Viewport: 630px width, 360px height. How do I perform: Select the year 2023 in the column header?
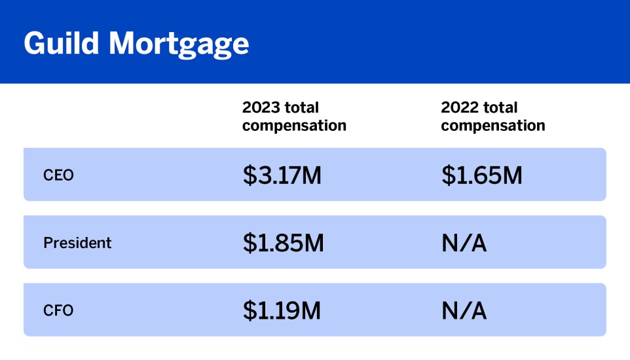point(261,107)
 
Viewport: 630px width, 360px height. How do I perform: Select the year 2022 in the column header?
point(460,107)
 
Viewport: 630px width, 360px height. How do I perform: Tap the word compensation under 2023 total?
point(294,126)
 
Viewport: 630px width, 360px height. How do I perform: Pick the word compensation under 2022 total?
point(493,126)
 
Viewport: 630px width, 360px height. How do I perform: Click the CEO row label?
point(58,175)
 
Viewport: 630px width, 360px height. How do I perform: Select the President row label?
point(77,243)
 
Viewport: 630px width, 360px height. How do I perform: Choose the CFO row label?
point(58,310)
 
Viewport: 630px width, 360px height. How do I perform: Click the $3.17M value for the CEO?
point(282,175)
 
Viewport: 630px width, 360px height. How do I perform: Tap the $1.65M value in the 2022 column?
point(481,175)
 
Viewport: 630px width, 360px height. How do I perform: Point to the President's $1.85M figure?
point(283,243)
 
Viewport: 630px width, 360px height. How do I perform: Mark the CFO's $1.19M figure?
point(282,310)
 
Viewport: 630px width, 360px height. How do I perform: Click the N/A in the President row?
point(464,243)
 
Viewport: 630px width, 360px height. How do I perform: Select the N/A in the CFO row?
point(464,310)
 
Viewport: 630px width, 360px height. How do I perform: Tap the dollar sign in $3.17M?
point(250,175)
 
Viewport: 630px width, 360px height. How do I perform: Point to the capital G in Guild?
point(35,43)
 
